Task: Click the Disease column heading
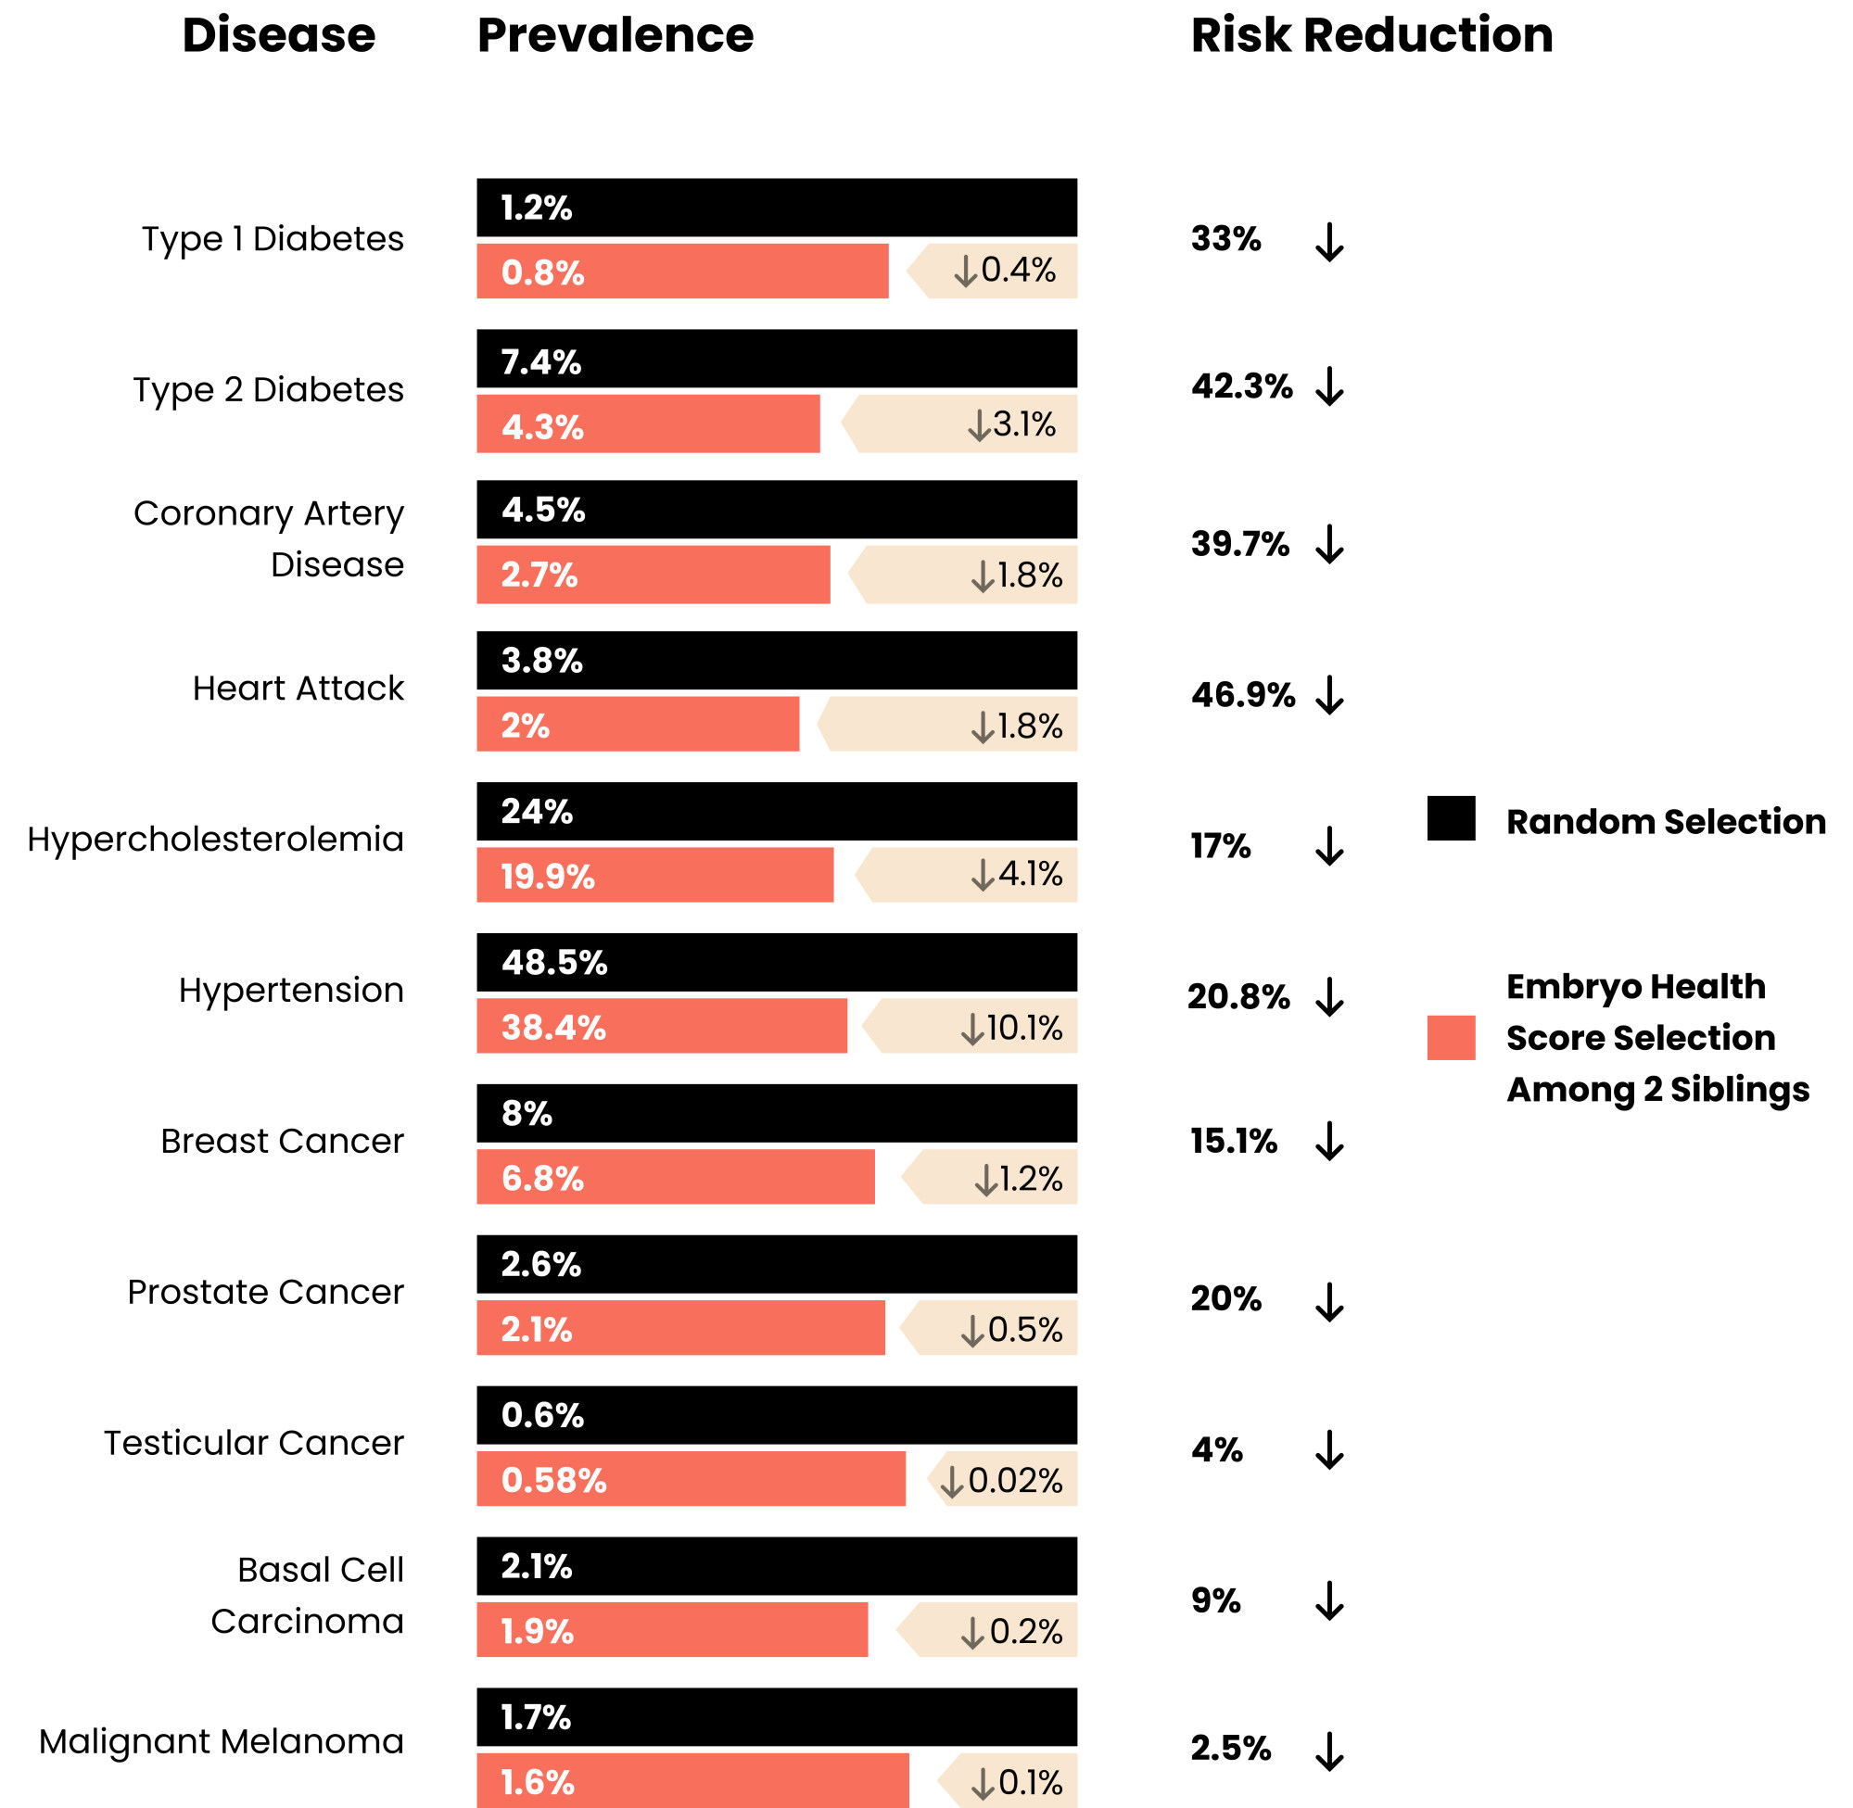(278, 36)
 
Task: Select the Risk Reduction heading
(1372, 36)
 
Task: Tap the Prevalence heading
(615, 36)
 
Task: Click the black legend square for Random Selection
(1451, 818)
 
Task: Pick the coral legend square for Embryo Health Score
(1451, 1037)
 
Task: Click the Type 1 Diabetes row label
(273, 238)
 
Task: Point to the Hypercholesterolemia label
(216, 839)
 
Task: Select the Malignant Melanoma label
(222, 1740)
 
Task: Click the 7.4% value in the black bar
(540, 361)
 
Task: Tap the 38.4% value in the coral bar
(552, 1028)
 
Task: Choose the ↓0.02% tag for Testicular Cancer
(1001, 1479)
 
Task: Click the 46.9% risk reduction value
(1242, 695)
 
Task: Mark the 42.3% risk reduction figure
(1241, 386)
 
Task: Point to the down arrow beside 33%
(1328, 242)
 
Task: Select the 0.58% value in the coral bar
(552, 1479)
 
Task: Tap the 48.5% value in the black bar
(553, 963)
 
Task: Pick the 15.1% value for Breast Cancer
(1233, 1141)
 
